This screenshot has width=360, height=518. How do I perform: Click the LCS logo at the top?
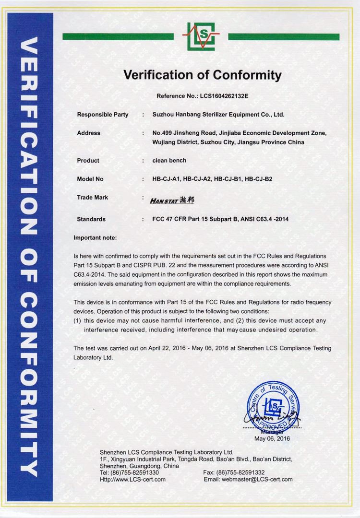pos(201,36)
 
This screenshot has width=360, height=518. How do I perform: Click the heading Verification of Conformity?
pos(202,75)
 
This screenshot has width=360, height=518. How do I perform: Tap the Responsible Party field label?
pos(103,115)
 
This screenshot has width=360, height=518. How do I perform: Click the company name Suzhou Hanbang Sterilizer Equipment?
pos(218,115)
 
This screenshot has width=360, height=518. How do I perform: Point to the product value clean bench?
pos(169,160)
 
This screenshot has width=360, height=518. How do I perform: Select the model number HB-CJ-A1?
pos(166,179)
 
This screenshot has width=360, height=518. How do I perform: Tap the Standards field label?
pos(91,219)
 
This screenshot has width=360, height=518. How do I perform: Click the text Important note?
pos(95,238)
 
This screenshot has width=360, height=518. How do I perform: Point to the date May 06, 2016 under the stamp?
pos(272,438)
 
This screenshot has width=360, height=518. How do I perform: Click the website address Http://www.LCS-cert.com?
pos(132,479)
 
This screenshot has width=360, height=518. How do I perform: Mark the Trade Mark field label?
pos(93,197)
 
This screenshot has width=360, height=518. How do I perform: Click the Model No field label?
pos(90,179)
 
